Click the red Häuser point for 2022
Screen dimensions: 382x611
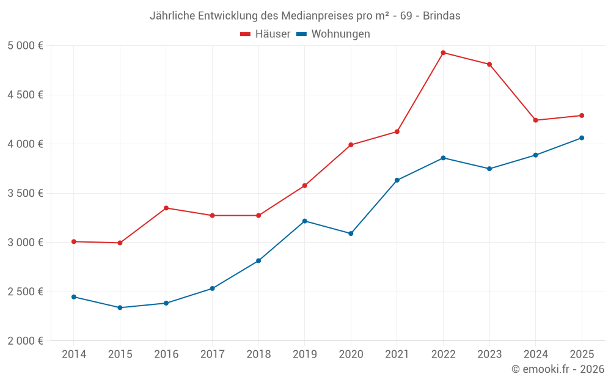coord(443,53)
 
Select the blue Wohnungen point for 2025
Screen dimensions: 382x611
coord(582,138)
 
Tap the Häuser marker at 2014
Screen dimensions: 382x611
coord(74,241)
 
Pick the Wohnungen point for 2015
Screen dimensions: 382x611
coord(120,307)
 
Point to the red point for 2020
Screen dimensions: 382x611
coord(351,145)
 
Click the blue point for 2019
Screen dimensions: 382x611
coord(304,221)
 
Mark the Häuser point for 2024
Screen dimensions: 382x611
coord(535,120)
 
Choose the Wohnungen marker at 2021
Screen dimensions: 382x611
coord(397,180)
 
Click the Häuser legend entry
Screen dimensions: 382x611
coord(265,34)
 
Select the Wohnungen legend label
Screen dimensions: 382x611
coord(340,34)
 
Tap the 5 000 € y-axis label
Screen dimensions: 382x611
coord(25,46)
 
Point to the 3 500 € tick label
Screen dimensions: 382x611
coord(25,193)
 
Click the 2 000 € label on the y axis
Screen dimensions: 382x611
coord(25,341)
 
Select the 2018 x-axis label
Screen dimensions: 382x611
coord(258,354)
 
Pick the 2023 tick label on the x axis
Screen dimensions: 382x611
coord(489,354)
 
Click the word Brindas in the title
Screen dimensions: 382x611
coord(442,16)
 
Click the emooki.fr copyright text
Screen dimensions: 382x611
coord(557,369)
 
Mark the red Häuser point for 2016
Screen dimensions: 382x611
coord(166,208)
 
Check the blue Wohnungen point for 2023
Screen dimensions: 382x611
coord(489,169)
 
